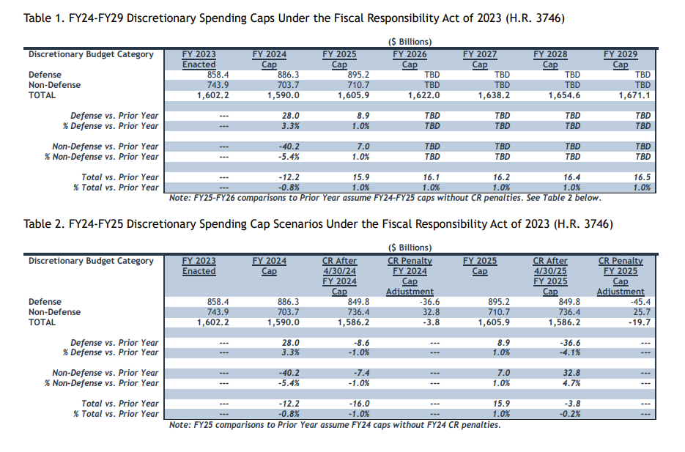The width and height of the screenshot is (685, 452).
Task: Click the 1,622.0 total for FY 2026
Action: tap(423, 95)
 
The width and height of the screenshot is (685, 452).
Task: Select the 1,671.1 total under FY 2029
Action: tap(634, 95)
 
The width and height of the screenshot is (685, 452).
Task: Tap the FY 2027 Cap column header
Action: tap(480, 59)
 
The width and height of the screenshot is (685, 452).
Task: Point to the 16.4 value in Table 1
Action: tap(572, 177)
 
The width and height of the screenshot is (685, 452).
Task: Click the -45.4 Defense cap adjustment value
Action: tap(640, 302)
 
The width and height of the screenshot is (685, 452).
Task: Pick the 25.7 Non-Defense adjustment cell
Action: tap(643, 312)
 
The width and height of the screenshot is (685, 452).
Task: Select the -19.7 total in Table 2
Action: tap(640, 322)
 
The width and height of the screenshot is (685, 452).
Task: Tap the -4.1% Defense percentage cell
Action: tap(570, 352)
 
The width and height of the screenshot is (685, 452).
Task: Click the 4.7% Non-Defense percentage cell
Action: tap(572, 383)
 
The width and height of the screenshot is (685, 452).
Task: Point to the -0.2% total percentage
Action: tap(570, 414)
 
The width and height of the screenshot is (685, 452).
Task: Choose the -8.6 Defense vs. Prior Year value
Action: tap(361, 343)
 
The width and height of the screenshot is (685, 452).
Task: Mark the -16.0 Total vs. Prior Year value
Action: tap(360, 404)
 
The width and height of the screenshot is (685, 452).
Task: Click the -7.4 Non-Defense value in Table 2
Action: tap(361, 373)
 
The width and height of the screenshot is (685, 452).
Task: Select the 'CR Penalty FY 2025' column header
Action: tap(621, 266)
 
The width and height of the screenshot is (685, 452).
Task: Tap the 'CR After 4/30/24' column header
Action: tap(339, 266)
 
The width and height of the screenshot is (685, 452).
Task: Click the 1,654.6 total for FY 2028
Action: tap(564, 95)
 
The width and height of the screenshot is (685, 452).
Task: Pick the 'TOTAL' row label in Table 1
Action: tap(42, 95)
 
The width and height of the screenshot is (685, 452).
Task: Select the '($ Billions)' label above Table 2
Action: tap(410, 248)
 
